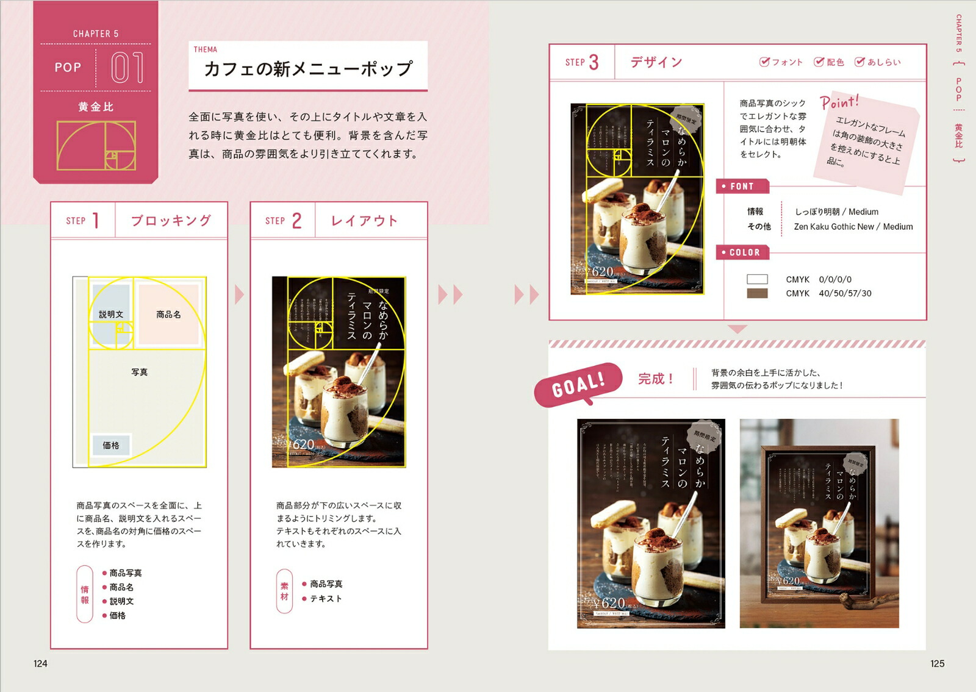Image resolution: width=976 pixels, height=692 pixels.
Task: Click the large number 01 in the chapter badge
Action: click(127, 67)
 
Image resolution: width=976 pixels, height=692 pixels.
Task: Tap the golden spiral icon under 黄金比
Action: click(96, 145)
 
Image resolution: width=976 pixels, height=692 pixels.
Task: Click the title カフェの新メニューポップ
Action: click(308, 68)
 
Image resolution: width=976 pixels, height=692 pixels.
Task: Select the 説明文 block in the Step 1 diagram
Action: click(111, 314)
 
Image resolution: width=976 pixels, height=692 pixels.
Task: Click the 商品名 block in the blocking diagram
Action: click(168, 314)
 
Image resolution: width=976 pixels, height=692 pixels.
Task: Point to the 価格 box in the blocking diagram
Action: click(111, 445)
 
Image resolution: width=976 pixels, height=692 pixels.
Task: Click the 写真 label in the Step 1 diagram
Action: click(140, 372)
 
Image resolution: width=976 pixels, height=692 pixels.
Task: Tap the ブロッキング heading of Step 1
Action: click(171, 220)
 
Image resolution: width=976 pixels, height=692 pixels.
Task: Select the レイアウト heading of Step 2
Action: click(364, 221)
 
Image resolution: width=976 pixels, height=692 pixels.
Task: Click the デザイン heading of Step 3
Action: click(656, 62)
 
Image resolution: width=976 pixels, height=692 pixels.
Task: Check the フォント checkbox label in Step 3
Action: click(781, 62)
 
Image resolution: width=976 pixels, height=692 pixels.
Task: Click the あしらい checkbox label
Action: click(878, 62)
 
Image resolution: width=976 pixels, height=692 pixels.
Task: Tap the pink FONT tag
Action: click(742, 187)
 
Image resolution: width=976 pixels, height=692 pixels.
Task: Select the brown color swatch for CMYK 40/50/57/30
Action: click(757, 293)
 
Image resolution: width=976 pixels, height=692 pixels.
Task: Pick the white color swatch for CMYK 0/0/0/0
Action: click(757, 279)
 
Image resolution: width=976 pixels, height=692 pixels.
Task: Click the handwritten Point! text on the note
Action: click(839, 102)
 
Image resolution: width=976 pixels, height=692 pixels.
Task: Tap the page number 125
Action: click(937, 663)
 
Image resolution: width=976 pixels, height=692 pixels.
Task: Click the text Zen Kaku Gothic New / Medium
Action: click(853, 227)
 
